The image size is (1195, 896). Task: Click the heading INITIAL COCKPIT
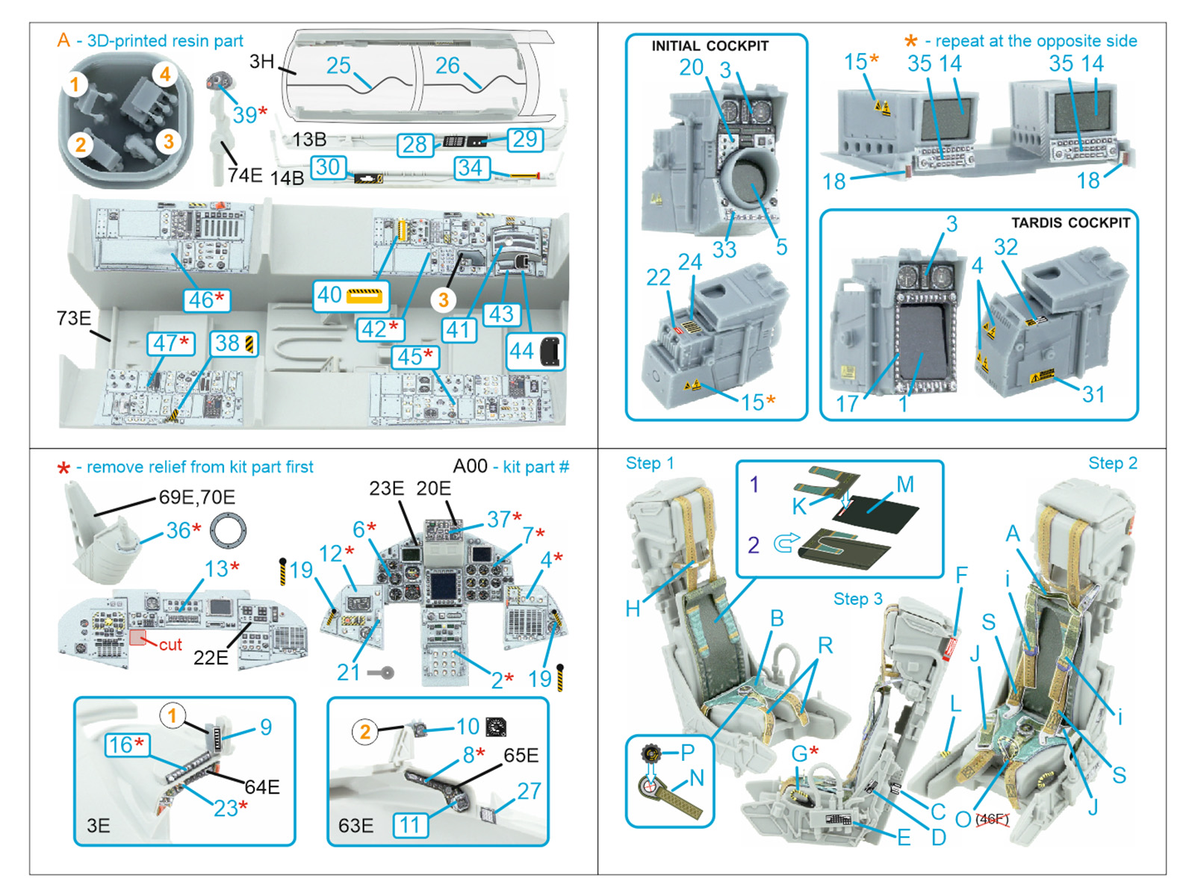[x=710, y=46]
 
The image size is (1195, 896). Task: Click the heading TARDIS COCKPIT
[x=1070, y=223]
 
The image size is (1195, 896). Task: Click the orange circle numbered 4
[x=165, y=74]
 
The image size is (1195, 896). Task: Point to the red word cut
[x=170, y=644]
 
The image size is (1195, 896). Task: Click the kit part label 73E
[x=73, y=319]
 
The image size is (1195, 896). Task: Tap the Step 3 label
[x=857, y=599]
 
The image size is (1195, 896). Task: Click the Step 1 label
[x=649, y=463]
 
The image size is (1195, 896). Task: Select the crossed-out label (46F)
[x=992, y=819]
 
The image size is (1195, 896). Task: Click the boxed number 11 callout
[x=410, y=825]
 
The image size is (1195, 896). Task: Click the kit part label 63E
[x=356, y=825]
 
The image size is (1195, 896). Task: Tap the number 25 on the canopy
[x=338, y=66]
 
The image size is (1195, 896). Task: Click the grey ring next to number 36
[x=228, y=531]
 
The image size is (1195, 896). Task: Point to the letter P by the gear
[x=687, y=753]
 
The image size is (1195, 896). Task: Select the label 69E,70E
[x=196, y=497]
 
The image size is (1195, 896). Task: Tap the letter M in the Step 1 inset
[x=905, y=485]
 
